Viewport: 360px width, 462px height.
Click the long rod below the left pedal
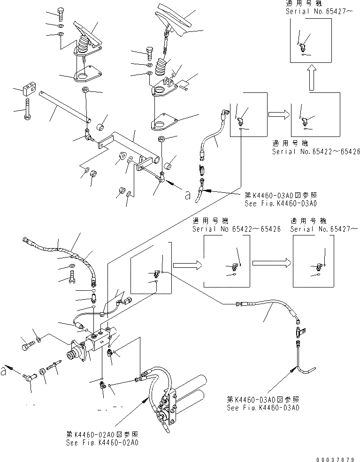[63, 105]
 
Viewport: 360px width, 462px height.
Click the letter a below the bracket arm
[188, 197]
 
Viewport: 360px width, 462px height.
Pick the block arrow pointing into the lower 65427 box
[271, 263]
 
